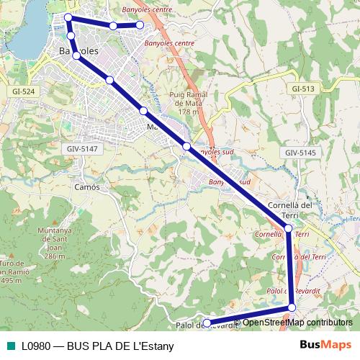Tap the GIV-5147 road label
point(81,148)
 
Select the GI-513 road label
point(303,88)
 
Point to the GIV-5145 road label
point(300,153)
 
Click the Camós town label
point(86,186)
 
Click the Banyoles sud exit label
point(215,153)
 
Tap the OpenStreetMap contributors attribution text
point(297,323)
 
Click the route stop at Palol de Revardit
point(206,322)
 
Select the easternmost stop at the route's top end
point(140,25)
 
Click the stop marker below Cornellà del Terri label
point(288,228)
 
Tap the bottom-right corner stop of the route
point(292,308)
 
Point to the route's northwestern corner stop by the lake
point(68,17)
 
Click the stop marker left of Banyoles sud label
point(186,146)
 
